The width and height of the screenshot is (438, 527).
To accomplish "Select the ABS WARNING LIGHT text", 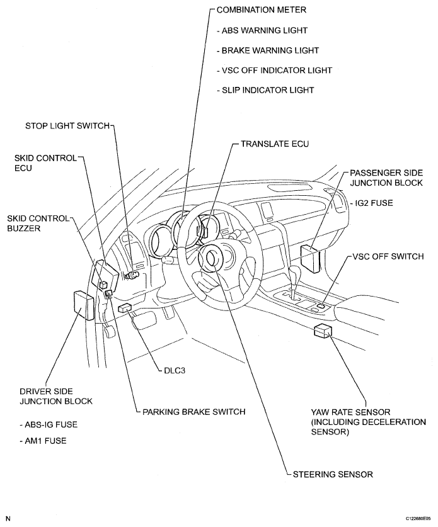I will click(x=261, y=30).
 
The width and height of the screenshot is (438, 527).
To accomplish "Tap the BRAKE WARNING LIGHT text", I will click(x=267, y=50).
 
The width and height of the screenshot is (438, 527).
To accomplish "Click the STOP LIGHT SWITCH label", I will click(x=67, y=125).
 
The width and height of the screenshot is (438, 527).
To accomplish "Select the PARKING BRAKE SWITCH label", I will click(x=193, y=412).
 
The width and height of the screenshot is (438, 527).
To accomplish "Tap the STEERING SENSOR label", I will click(x=333, y=474).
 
